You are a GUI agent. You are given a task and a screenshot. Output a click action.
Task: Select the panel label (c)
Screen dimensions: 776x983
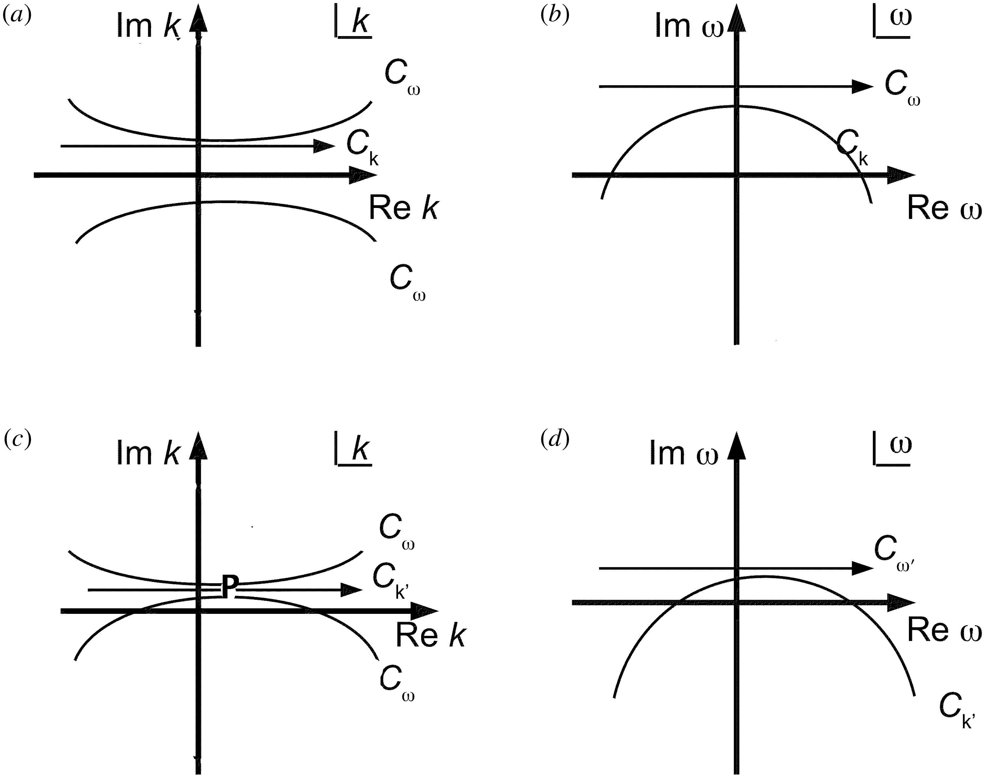click(17, 439)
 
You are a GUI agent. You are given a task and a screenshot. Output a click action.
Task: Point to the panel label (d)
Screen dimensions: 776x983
click(555, 439)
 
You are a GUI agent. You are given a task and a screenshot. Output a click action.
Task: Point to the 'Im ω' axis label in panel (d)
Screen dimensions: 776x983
click(684, 453)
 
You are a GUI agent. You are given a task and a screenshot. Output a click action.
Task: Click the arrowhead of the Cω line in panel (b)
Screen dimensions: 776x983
click(862, 86)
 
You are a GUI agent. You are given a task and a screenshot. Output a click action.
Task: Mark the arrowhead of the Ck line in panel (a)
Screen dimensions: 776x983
click(325, 146)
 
